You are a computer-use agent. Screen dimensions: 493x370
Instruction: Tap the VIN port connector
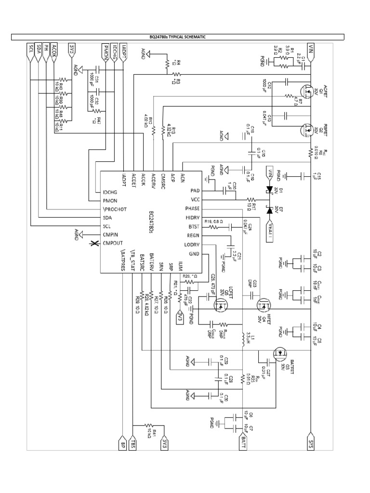[311, 50]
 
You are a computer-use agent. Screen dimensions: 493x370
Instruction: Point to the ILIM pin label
[179, 264]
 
